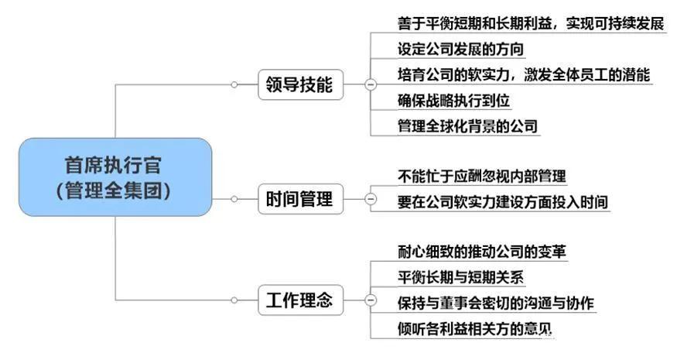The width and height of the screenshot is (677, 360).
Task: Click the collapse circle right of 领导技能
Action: click(x=370, y=84)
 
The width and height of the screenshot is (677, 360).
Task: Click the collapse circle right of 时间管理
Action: click(x=370, y=200)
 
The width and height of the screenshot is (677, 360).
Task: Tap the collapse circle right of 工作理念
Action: click(x=370, y=300)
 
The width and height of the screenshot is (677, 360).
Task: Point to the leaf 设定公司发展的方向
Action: click(x=460, y=50)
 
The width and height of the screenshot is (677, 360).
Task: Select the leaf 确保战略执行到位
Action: click(x=453, y=101)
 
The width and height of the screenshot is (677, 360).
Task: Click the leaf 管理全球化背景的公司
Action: click(x=467, y=126)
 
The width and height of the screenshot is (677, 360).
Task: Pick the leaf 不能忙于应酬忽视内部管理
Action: click(x=487, y=177)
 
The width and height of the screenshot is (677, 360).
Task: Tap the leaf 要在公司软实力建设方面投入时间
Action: click(x=503, y=202)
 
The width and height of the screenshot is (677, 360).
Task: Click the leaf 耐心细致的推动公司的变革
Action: click(x=487, y=252)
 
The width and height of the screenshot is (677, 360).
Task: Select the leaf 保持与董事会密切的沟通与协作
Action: click(x=496, y=302)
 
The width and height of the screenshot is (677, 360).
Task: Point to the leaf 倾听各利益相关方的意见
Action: click(x=474, y=327)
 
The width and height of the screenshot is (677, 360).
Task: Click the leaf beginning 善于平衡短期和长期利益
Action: click(x=530, y=24)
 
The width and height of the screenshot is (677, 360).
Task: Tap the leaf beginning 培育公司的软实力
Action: click(x=524, y=75)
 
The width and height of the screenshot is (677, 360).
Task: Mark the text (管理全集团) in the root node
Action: click(x=115, y=189)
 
